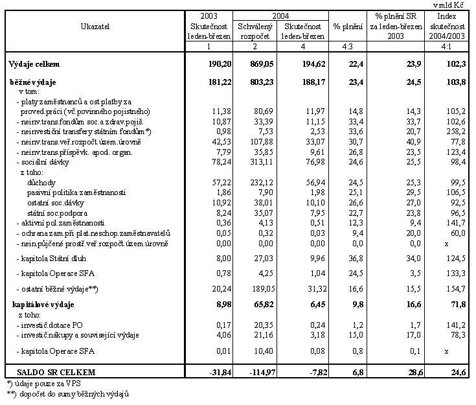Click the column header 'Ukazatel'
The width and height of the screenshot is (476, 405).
pyautogui.click(x=95, y=26)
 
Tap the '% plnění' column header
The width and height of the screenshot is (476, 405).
pyautogui.click(x=348, y=27)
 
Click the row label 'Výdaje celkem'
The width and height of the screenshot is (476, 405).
pyautogui.click(x=34, y=64)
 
